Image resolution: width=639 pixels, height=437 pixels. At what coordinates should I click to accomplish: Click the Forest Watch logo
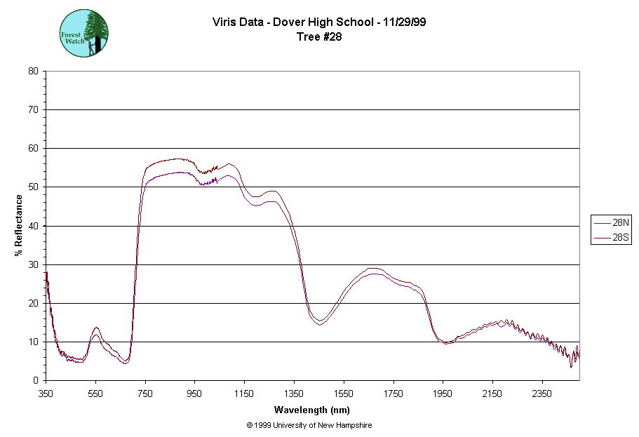point(83,34)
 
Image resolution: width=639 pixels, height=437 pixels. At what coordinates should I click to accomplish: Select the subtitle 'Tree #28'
point(320,37)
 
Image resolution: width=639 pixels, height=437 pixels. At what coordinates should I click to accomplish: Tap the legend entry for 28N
point(612,222)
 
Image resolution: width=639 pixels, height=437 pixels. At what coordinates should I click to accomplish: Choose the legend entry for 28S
point(612,238)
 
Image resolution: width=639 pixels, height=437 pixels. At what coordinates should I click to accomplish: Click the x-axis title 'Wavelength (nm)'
point(312,410)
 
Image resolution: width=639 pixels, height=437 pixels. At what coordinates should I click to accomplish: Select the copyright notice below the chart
point(309,425)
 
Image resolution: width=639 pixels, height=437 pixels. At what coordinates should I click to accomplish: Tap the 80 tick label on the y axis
point(33,71)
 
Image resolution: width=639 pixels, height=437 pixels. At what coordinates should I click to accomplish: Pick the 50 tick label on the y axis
point(33,187)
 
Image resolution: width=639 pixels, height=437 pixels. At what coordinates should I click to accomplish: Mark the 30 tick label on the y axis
point(33,264)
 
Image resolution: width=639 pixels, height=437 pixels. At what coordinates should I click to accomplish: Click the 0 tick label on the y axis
point(36,381)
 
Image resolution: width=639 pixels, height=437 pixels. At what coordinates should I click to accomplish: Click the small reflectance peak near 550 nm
point(95,329)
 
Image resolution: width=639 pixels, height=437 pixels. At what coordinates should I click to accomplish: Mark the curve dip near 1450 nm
point(319,321)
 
